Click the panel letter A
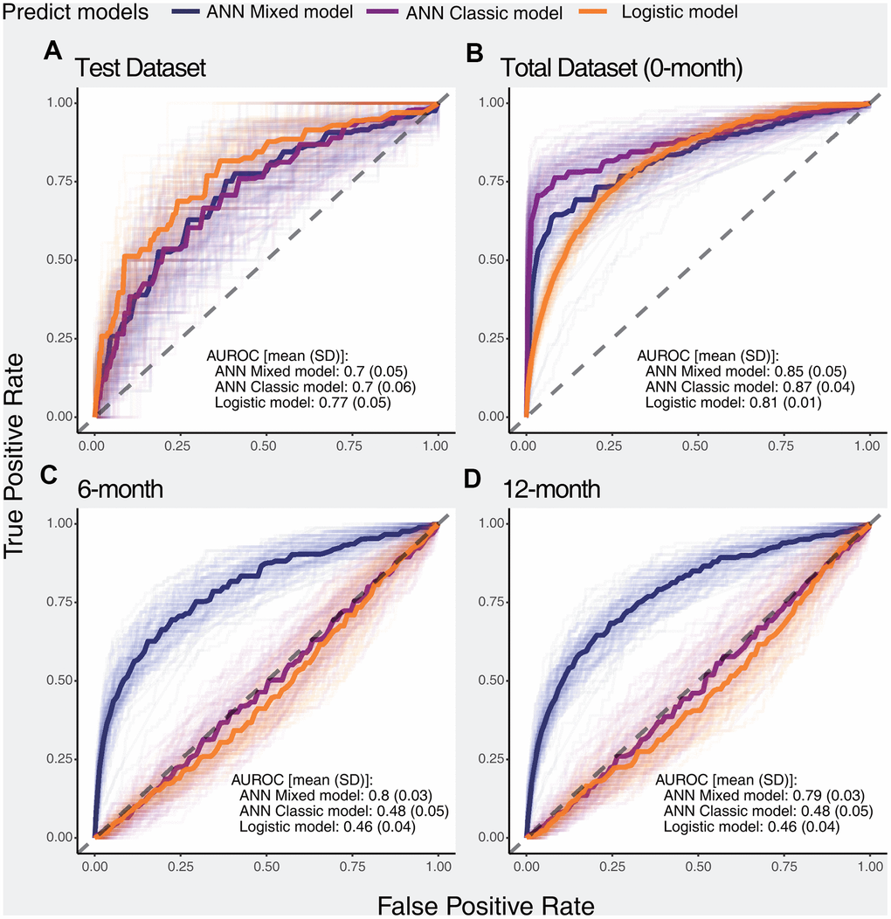pyautogui.click(x=53, y=53)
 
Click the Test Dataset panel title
pyautogui.click(x=140, y=68)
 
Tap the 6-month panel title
pyautogui.click(x=118, y=488)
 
